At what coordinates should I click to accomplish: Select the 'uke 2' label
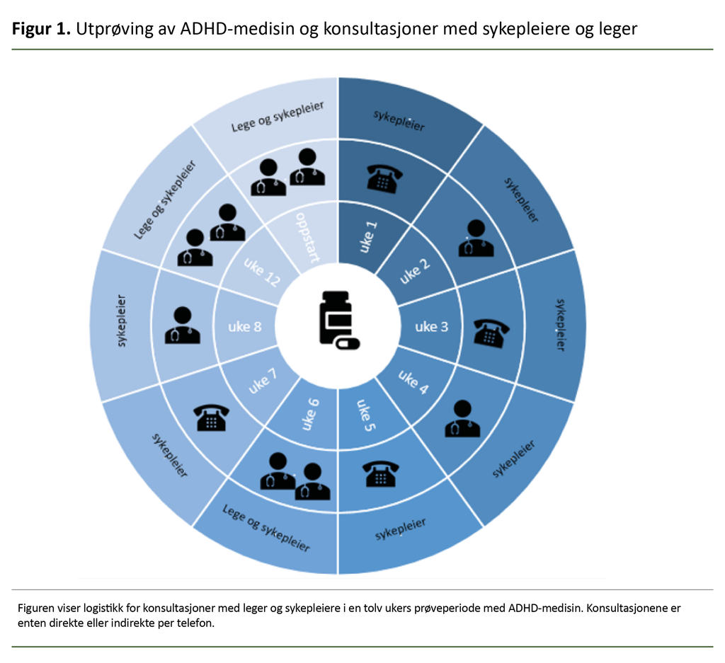(x=415, y=270)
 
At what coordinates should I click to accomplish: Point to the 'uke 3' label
(x=431, y=326)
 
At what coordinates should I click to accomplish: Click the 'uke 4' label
(x=414, y=382)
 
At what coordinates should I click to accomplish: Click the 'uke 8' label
(x=244, y=326)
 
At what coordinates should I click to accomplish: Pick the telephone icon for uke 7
(x=212, y=418)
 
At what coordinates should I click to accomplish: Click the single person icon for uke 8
(x=182, y=326)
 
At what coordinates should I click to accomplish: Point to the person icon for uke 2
(x=475, y=238)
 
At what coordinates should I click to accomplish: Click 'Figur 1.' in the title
(x=40, y=30)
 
